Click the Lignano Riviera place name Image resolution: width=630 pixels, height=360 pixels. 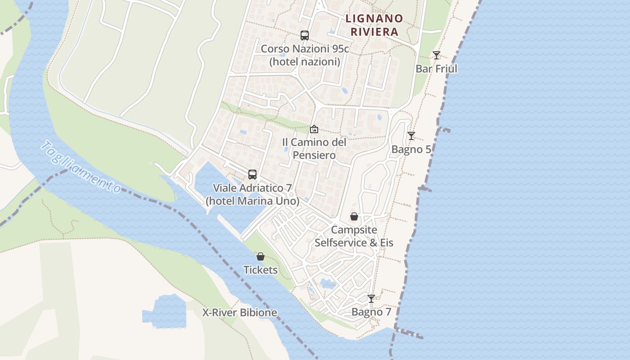374,25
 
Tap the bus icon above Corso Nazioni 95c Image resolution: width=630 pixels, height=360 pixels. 305,35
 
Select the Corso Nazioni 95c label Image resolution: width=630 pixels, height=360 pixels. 305,55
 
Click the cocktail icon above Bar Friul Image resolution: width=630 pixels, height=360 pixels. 436,55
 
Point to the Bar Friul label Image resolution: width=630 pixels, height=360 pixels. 436,68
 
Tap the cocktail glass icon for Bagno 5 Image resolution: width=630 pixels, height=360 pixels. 411,135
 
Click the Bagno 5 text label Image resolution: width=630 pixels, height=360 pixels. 411,149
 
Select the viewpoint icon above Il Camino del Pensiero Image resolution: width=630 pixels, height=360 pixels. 314,129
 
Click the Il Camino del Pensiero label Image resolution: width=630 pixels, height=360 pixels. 314,148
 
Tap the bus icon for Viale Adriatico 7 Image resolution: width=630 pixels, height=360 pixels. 252,174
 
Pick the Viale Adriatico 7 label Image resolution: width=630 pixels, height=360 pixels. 252,194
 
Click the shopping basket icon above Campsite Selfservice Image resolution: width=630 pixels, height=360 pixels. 354,216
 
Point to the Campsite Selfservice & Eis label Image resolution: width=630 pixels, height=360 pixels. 354,236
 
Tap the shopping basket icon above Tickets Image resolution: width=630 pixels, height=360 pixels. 260,256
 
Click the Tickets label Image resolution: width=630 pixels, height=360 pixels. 260,270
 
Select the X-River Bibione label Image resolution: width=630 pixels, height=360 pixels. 239,312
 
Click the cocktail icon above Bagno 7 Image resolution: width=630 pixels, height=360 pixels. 371,298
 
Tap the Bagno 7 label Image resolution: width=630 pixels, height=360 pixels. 371,312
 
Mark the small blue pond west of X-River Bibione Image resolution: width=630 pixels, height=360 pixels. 165,311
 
